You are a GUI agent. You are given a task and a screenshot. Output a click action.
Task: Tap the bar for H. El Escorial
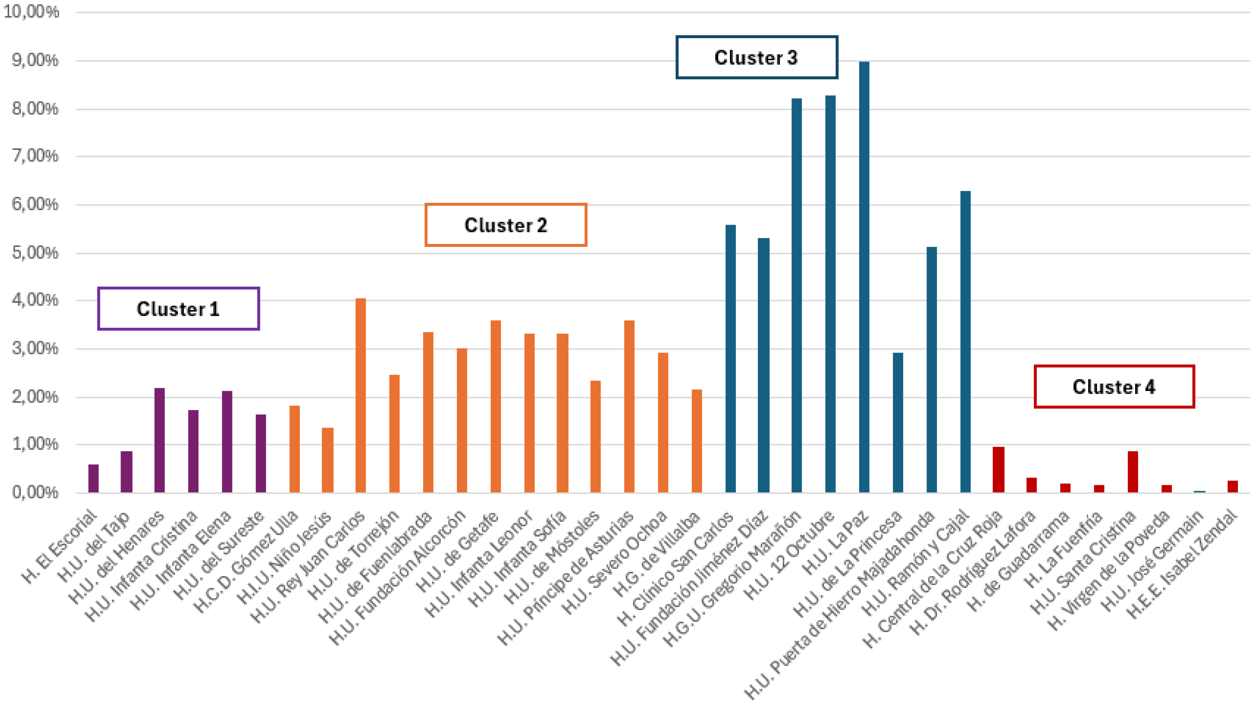click(93, 478)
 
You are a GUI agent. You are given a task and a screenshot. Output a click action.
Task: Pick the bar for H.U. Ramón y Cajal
click(965, 341)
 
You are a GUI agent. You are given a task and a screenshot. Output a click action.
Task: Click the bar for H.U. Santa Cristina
click(1133, 471)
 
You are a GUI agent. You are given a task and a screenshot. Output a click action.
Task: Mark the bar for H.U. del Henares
click(160, 440)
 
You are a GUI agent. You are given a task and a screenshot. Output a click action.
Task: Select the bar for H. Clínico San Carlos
click(730, 358)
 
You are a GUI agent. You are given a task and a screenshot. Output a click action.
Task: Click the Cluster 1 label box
click(178, 309)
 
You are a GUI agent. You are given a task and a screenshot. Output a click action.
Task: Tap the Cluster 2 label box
click(506, 225)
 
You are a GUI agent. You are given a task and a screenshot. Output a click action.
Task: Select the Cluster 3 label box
click(756, 57)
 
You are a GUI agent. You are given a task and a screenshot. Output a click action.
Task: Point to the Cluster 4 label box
click(1114, 387)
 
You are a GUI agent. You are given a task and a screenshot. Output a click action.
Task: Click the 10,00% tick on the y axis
click(31, 12)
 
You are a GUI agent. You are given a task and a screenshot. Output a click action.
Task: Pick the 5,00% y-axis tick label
click(35, 253)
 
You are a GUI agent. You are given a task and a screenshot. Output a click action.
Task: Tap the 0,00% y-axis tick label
click(35, 492)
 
